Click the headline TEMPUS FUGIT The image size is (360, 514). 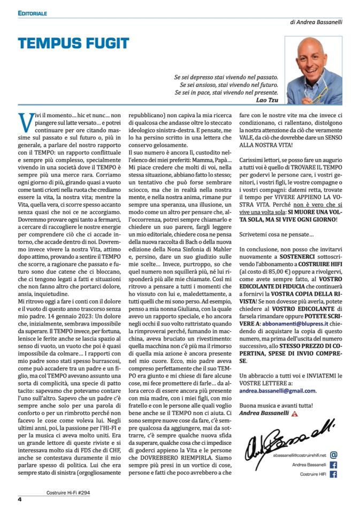pyautogui.click(x=73, y=44)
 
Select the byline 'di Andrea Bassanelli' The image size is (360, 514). pyautogui.click(x=316, y=22)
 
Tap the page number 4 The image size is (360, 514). pyautogui.click(x=19, y=500)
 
